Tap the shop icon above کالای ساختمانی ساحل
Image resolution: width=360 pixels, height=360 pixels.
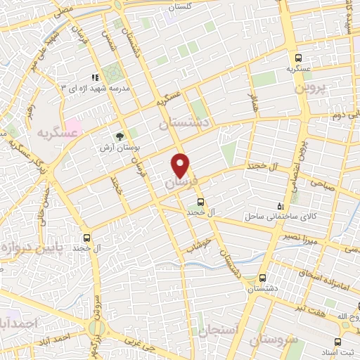[x=281, y=206]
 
